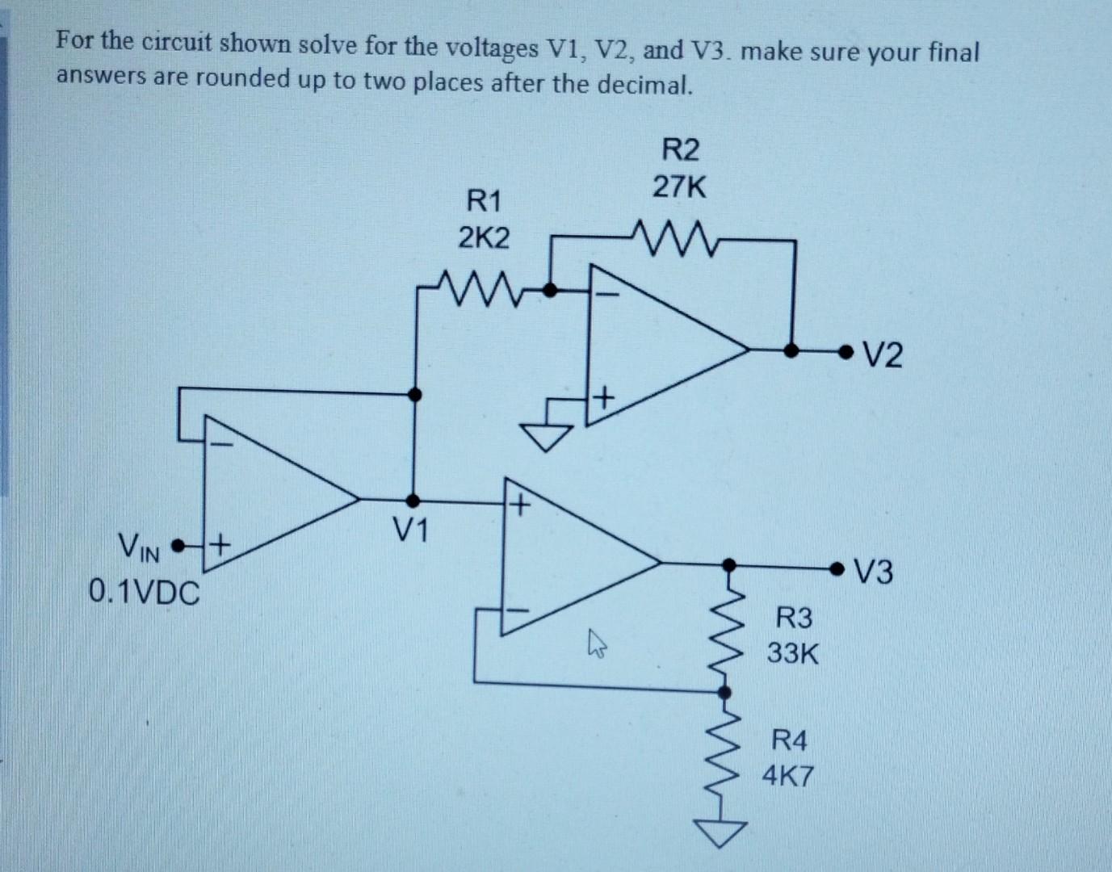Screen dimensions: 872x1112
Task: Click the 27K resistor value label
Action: tap(679, 188)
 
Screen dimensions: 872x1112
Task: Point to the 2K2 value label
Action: tap(484, 237)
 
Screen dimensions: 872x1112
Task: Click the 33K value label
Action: tap(792, 653)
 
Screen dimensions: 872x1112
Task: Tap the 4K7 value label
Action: tap(789, 778)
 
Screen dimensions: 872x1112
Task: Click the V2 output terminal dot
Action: tap(846, 351)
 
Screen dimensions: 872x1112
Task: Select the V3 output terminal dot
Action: tap(844, 569)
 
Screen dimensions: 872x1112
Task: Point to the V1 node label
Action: tap(413, 530)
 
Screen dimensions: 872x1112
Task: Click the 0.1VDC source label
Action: tap(144, 594)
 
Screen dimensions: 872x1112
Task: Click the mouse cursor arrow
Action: tap(597, 644)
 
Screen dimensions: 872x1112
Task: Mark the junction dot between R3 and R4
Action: tap(725, 692)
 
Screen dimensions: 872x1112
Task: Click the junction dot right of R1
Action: tap(552, 288)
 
